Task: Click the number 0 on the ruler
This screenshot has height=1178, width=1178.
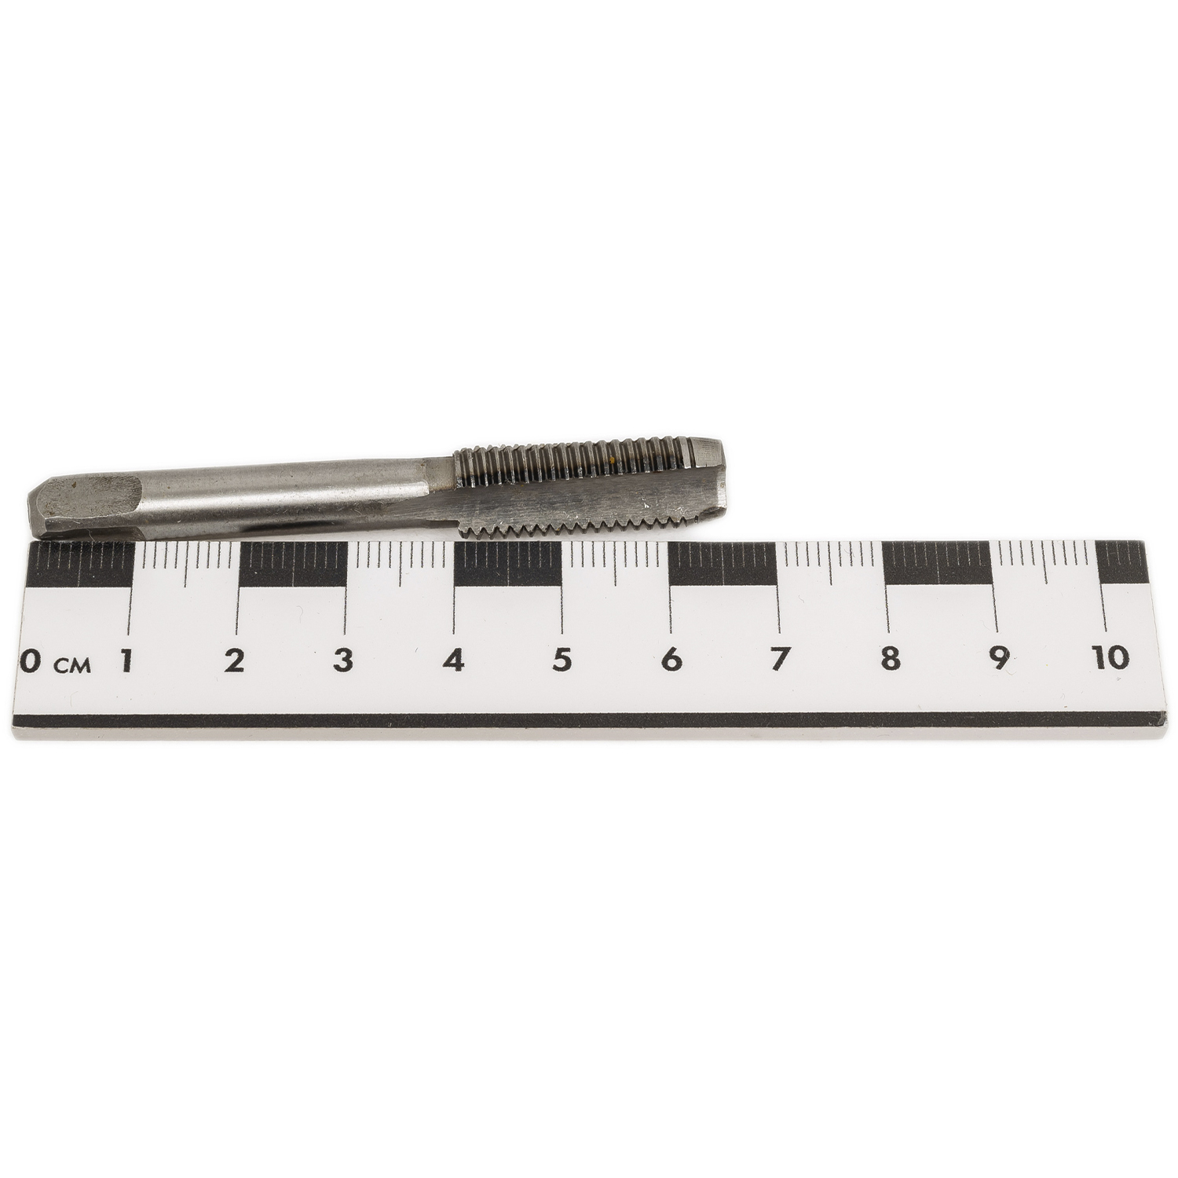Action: click(29, 662)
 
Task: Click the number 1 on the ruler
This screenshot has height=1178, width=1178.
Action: click(125, 660)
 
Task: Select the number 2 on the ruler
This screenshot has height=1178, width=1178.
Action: click(233, 660)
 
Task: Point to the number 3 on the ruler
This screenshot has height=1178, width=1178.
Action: click(342, 660)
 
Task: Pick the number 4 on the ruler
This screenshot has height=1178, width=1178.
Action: click(453, 660)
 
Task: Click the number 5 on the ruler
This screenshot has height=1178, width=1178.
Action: click(561, 660)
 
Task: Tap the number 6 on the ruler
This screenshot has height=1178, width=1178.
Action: click(671, 660)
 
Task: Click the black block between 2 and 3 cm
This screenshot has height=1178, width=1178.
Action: click(292, 565)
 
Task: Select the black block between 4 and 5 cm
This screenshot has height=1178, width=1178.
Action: click(507, 565)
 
